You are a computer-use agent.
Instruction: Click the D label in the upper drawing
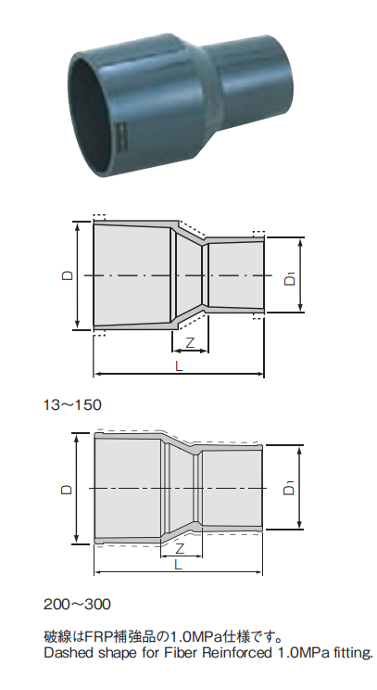(x=68, y=275)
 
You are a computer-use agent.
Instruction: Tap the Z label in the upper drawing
(x=190, y=343)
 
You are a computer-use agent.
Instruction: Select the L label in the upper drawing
(x=179, y=367)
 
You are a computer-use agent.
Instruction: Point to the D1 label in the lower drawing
(x=290, y=488)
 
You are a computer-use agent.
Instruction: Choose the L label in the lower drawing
(x=177, y=563)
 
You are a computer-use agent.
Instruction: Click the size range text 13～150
(x=72, y=404)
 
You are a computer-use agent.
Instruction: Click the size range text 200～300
(x=77, y=604)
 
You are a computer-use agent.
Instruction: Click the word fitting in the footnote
(x=350, y=654)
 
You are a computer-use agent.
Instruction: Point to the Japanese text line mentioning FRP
(x=162, y=637)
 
